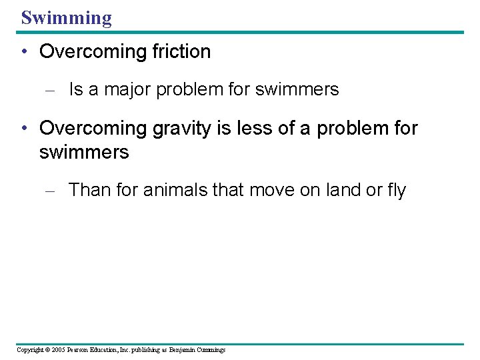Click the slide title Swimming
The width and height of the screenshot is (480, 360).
[x=66, y=17]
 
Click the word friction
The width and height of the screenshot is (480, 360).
[x=178, y=52]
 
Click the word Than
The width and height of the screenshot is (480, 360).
[x=89, y=190]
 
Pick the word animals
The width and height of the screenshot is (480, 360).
[x=174, y=190]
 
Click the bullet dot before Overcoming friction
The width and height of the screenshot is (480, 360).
[x=24, y=53]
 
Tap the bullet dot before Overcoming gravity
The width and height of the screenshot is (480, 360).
[x=24, y=128]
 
